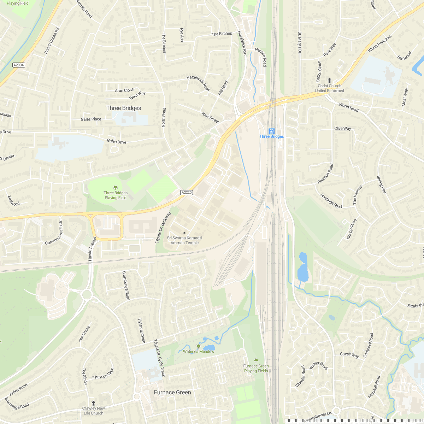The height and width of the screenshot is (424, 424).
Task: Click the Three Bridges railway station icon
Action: (272, 131)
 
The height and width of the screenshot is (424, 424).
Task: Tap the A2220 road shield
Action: (186, 193)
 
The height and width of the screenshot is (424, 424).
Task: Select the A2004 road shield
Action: (18, 65)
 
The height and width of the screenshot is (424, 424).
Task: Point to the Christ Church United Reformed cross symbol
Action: (330, 81)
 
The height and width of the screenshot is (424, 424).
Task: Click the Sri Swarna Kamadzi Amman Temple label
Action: (184, 240)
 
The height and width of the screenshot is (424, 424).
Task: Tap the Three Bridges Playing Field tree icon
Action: (115, 188)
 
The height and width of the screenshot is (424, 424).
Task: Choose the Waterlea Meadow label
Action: (199, 352)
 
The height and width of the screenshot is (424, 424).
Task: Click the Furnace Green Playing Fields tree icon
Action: (256, 361)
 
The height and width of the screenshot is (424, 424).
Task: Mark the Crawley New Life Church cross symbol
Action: (94, 403)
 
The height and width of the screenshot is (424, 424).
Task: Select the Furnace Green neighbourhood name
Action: (172, 393)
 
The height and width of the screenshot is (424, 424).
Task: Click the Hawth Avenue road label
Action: (92, 249)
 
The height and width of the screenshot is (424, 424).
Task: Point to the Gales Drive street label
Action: (117, 142)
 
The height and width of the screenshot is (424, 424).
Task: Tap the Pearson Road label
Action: (325, 173)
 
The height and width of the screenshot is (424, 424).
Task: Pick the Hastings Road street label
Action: (331, 201)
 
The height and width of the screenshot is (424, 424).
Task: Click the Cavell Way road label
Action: (349, 355)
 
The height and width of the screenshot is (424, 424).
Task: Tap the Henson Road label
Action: (261, 57)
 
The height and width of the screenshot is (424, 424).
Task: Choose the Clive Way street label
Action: (343, 129)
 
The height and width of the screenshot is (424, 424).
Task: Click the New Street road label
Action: (210, 117)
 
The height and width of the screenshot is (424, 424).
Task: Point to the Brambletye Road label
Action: (125, 285)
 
